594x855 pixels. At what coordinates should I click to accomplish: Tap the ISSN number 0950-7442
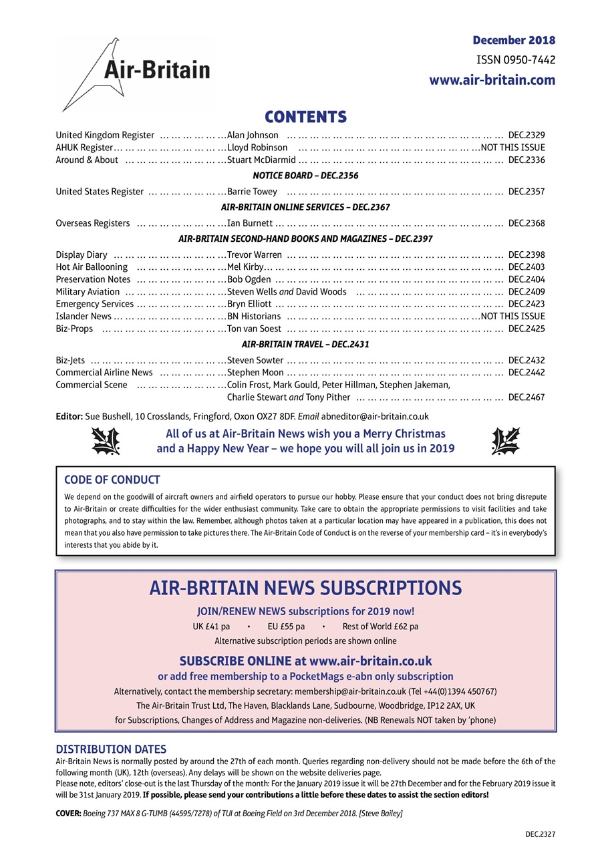(515, 60)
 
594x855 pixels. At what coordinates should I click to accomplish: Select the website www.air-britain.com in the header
(492, 80)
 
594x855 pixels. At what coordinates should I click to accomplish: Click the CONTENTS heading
(305, 117)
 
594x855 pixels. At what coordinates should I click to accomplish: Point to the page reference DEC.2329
(527, 136)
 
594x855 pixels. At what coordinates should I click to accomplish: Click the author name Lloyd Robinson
(257, 148)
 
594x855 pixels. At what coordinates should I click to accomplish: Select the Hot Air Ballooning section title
(92, 267)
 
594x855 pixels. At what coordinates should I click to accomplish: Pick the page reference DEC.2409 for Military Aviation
(527, 292)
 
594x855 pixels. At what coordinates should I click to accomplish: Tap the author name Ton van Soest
(253, 329)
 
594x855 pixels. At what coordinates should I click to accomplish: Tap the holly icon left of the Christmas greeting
(105, 442)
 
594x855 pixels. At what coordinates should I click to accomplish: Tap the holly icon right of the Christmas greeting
(505, 442)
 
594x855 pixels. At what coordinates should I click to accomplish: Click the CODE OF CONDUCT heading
(112, 480)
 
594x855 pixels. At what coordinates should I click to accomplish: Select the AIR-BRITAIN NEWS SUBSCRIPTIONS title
(305, 588)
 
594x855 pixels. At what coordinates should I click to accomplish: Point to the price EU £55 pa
(286, 627)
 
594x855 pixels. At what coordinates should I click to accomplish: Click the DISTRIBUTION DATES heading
(111, 749)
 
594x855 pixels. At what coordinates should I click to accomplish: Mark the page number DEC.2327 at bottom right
(540, 834)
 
